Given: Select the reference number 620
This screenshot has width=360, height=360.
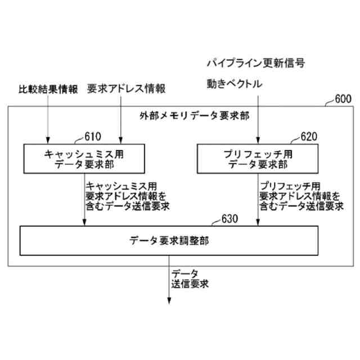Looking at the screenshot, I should [x=308, y=136].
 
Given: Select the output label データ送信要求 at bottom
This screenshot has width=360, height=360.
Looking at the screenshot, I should [x=190, y=278].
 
